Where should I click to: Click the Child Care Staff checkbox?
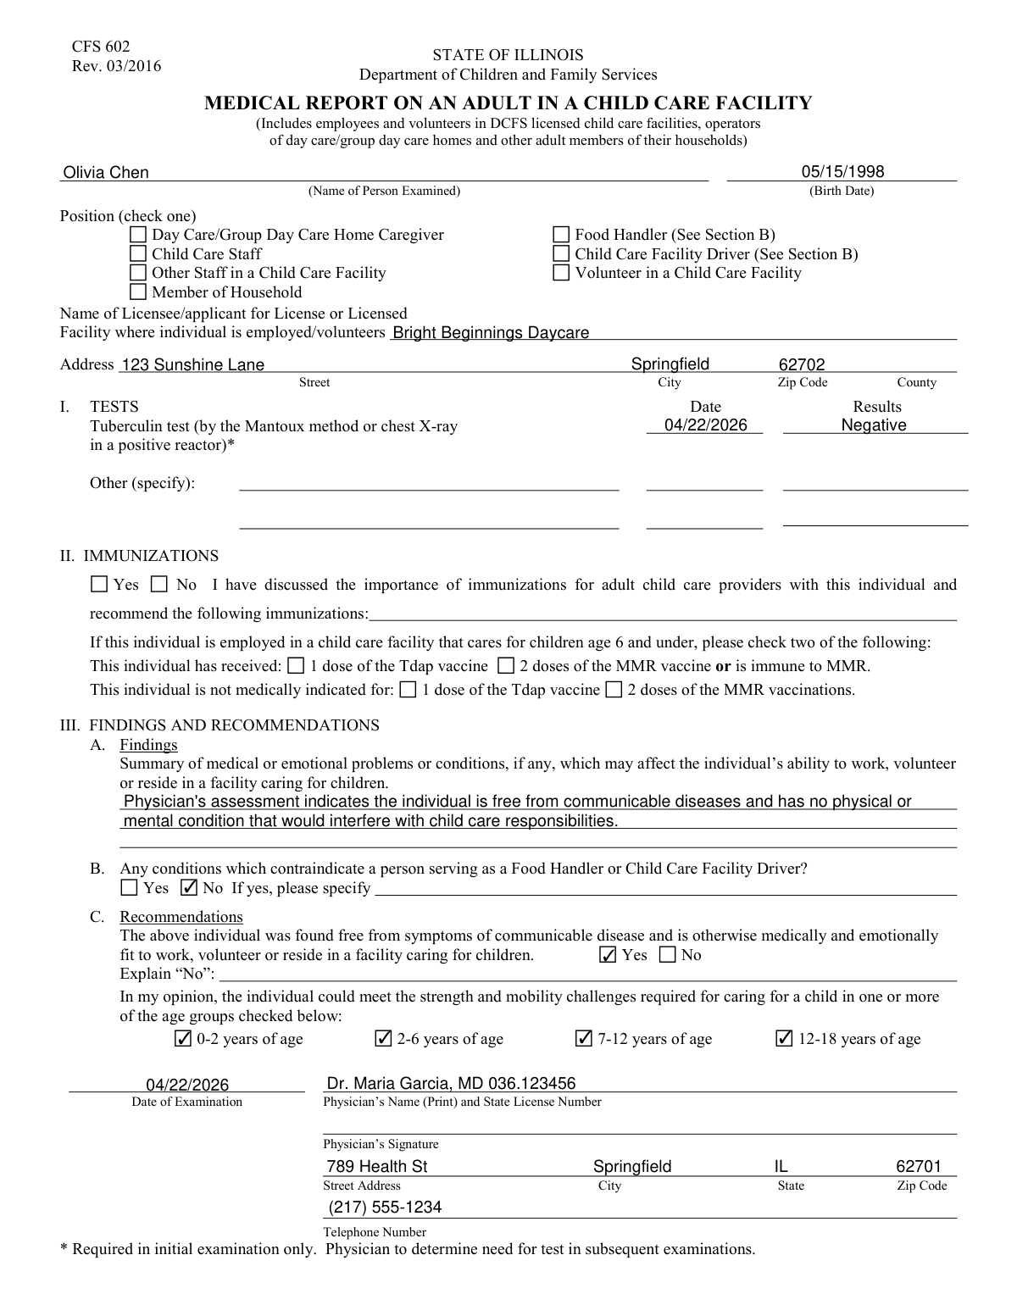pos(138,254)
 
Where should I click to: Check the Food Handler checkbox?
pos(561,235)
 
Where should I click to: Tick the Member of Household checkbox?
pos(138,292)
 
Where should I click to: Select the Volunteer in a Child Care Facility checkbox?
pos(561,273)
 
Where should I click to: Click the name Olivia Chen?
pos(106,173)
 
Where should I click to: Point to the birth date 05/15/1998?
pos(842,172)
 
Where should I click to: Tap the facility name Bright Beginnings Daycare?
pos(491,333)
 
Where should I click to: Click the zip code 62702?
pos(802,365)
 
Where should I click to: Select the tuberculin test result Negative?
pos(874,425)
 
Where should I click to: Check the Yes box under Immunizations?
pos(99,585)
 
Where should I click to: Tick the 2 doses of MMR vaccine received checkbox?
pos(506,666)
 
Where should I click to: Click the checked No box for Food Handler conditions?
pos(190,888)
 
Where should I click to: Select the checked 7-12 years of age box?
pos(584,1039)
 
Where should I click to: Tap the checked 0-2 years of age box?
pos(182,1039)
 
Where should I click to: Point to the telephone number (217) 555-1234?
pos(384,1208)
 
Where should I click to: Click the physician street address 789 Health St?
pos(377,1167)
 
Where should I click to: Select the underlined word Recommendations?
pos(181,917)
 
